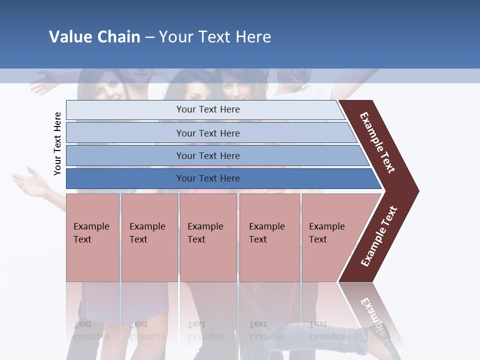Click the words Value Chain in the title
pos(94,36)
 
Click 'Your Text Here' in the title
pos(215,36)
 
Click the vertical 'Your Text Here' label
pos(57,143)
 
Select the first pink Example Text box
pos(92,237)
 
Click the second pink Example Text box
pos(149,237)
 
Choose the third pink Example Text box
pos(208,237)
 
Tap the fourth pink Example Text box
pos(269,237)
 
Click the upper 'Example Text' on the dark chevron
pos(377,142)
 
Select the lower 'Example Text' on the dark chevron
pos(378,236)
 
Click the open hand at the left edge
pos(31,184)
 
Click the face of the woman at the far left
pos(107,87)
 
